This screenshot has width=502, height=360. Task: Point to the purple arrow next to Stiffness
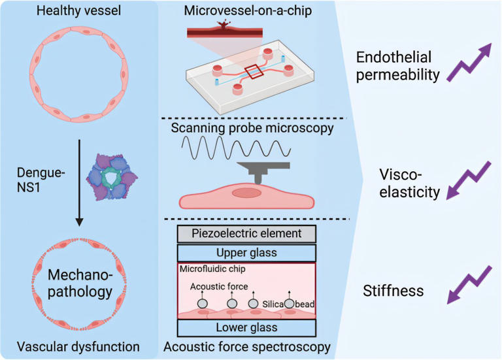pyautogui.click(x=469, y=285)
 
